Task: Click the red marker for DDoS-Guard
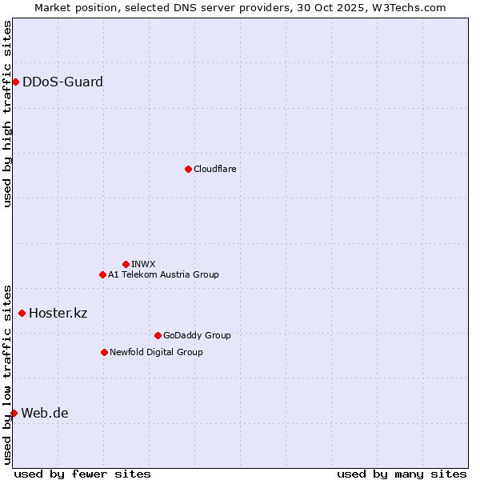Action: click(15, 82)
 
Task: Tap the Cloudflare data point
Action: click(188, 169)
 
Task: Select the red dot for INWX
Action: click(126, 264)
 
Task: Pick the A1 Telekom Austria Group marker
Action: click(102, 274)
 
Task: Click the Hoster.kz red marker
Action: click(22, 313)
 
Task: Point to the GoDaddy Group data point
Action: click(158, 335)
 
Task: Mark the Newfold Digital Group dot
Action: click(104, 352)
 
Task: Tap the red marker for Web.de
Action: click(14, 413)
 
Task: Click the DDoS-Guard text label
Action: click(62, 82)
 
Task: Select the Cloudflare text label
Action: click(214, 169)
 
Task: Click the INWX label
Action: click(143, 264)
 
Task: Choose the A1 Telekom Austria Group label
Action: click(163, 274)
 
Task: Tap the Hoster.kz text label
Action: click(58, 313)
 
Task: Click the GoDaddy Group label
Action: click(197, 335)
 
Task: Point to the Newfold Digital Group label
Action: click(156, 352)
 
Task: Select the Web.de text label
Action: click(45, 413)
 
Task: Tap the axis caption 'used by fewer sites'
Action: click(82, 474)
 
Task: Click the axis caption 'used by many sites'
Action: click(402, 474)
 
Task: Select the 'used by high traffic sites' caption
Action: click(7, 114)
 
